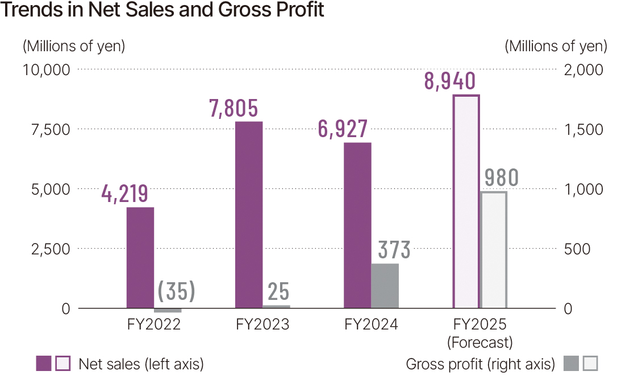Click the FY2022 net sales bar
coord(140,258)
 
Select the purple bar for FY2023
coord(248,215)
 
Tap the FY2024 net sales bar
coord(357,225)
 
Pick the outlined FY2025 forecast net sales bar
coord(466,202)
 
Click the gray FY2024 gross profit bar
coord(385,286)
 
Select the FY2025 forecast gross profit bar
coord(493,250)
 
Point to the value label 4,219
coord(124,194)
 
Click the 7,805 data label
coord(233,109)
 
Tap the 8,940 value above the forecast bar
coord(450,82)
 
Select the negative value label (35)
coord(176,291)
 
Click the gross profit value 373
coord(394,250)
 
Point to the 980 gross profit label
coord(502,178)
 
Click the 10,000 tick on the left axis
coord(45,70)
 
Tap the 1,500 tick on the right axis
coord(584,130)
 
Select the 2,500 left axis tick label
coord(49,249)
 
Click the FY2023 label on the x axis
coord(262,325)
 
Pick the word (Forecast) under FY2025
coord(479,343)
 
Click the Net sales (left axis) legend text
coord(141,364)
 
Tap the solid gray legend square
coord(572,364)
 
